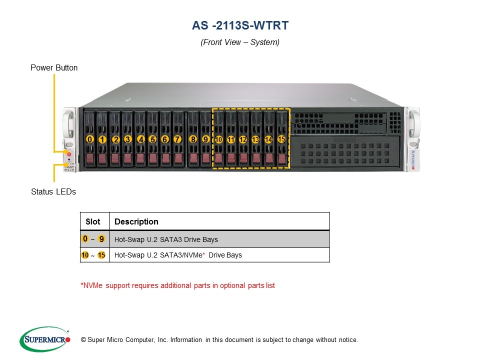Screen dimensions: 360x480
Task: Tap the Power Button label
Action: click(x=54, y=67)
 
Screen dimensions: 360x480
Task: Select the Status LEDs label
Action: click(x=53, y=191)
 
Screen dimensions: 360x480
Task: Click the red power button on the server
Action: click(x=69, y=155)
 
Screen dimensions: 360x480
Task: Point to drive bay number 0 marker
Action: click(x=89, y=139)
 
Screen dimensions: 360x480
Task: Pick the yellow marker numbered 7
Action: click(x=177, y=139)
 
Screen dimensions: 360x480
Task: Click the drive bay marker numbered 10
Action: click(x=218, y=139)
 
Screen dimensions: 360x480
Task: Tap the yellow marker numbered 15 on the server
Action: click(x=281, y=139)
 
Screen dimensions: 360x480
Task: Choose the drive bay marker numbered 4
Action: click(x=140, y=139)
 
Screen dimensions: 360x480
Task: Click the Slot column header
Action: click(x=93, y=221)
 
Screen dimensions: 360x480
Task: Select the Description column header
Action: click(x=136, y=221)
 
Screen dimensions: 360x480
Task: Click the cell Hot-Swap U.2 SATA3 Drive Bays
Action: click(x=166, y=239)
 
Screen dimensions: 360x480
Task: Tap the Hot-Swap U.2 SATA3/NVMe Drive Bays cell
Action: click(x=178, y=255)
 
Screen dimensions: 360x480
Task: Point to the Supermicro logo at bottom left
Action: click(x=44, y=339)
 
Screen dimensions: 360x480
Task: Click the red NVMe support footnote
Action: click(x=177, y=285)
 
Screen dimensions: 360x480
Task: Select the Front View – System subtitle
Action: click(x=240, y=42)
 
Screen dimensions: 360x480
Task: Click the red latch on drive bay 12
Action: click(x=243, y=159)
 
